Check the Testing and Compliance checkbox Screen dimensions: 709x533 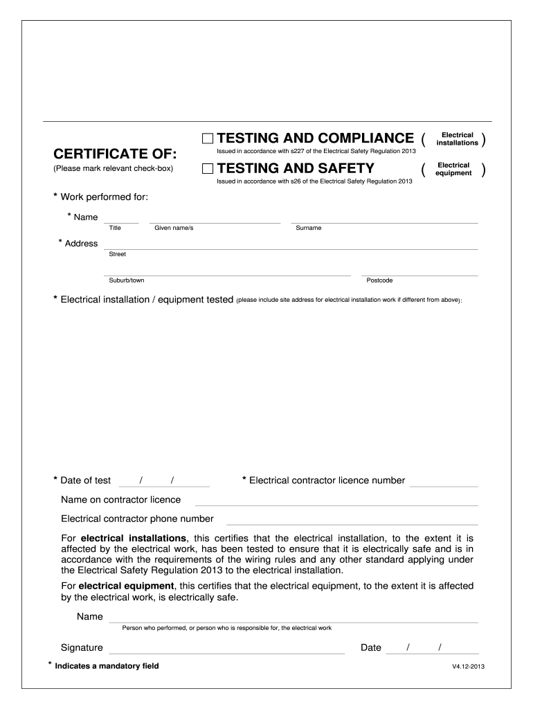coord(208,138)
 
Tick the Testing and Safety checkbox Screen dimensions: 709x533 coord(208,168)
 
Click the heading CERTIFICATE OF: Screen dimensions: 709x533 coord(115,153)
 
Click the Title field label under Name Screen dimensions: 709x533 coord(116,228)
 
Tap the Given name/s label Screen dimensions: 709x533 coord(174,228)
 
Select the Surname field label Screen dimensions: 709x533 coord(308,228)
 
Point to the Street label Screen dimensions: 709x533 coord(118,254)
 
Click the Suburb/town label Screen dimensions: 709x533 coord(127,280)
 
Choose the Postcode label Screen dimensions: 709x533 coord(379,280)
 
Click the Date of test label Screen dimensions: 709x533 coord(85,481)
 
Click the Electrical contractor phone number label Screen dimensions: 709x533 coord(137,519)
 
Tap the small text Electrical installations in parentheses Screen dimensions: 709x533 coord(457,138)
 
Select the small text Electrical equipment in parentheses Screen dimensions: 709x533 coord(453,169)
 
